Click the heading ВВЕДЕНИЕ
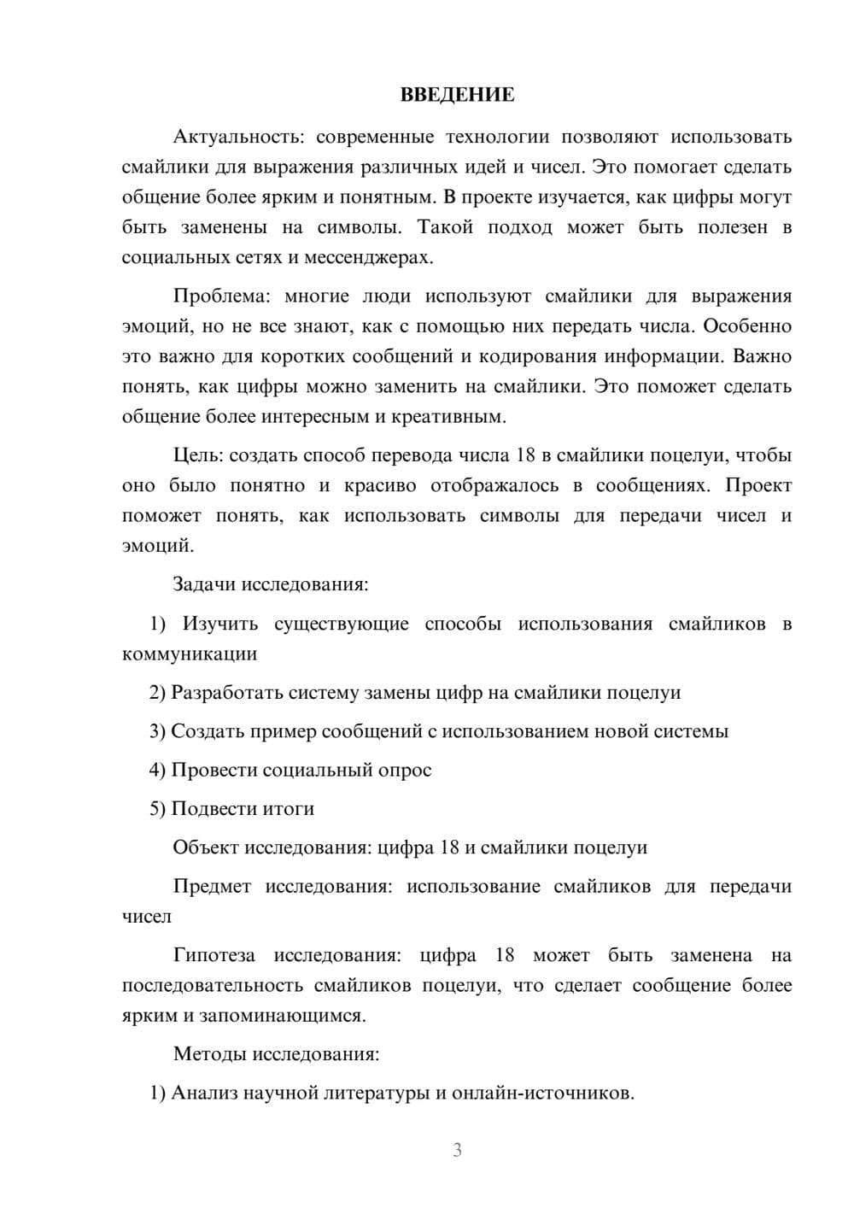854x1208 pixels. (457, 95)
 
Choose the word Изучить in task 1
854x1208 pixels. (220, 625)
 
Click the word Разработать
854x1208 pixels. (227, 693)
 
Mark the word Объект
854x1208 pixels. (206, 847)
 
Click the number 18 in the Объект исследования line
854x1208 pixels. (450, 847)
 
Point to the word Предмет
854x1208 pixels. (212, 887)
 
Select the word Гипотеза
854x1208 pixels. (214, 955)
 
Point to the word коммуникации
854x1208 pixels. (190, 654)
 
